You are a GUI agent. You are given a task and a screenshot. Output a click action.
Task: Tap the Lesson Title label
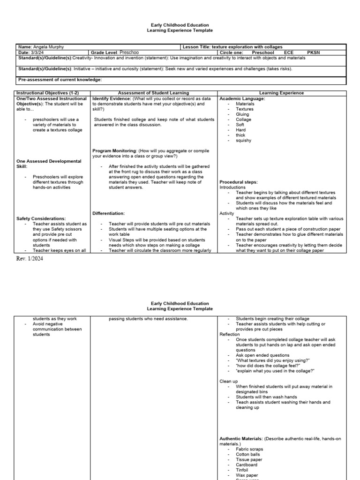[x=196, y=47]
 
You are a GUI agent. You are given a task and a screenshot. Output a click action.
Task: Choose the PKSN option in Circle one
[x=314, y=53]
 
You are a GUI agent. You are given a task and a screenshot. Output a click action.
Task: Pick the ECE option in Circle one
[x=288, y=53]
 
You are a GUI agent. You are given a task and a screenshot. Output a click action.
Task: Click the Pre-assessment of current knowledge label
[x=60, y=80]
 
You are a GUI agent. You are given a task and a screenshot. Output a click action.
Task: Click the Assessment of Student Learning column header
[x=153, y=93]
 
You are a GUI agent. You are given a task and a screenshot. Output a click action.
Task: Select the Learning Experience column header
[x=281, y=93]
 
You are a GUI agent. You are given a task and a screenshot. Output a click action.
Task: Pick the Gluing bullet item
[x=242, y=114]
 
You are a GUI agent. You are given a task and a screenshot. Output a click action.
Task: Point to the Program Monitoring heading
[x=114, y=151]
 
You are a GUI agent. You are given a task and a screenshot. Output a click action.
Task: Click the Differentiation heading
[x=108, y=213]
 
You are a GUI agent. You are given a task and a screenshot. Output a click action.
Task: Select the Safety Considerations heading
[x=41, y=218]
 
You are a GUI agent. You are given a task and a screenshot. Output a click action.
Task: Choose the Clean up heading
[x=229, y=381]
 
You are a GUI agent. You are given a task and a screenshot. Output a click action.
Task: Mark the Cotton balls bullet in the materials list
[x=249, y=454]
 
